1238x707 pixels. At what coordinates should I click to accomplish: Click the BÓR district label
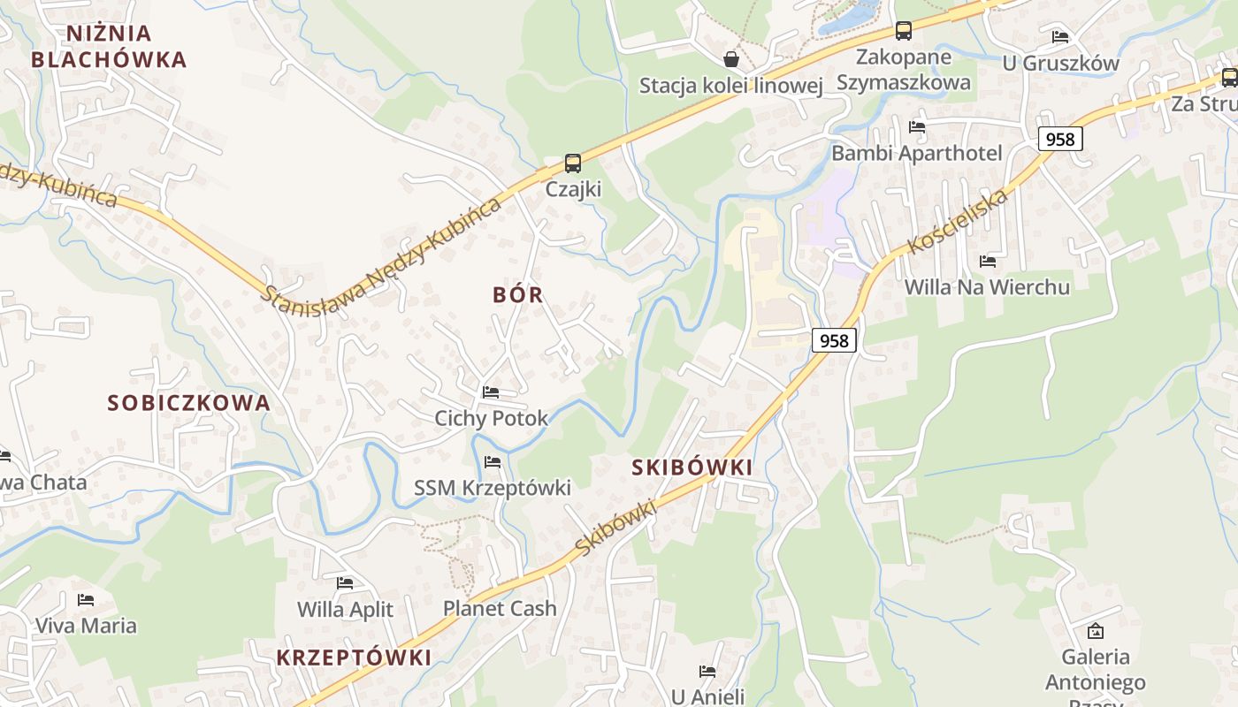(x=518, y=295)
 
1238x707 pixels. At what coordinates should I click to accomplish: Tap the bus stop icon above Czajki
(x=573, y=163)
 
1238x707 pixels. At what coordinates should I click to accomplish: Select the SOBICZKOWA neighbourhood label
(x=188, y=403)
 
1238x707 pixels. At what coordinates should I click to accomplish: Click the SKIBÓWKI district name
(x=692, y=468)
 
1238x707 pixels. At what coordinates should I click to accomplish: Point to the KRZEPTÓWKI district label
(x=354, y=658)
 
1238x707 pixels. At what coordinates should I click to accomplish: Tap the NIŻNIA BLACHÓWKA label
(x=109, y=47)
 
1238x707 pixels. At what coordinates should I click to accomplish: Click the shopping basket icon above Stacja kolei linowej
(x=731, y=59)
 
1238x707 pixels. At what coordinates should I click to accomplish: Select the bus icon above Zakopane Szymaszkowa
(x=903, y=31)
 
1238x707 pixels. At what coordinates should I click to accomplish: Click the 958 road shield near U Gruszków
(x=1059, y=139)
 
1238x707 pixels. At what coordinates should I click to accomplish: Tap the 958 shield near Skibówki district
(x=834, y=340)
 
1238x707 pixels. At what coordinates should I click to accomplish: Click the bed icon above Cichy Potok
(x=491, y=392)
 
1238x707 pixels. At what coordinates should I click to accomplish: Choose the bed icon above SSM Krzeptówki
(x=493, y=461)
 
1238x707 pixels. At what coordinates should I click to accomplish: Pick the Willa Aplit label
(x=345, y=609)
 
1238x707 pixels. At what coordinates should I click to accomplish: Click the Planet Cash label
(x=500, y=608)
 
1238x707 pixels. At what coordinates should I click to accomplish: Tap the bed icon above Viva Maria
(x=86, y=599)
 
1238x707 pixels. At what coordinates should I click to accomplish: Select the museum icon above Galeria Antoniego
(x=1096, y=631)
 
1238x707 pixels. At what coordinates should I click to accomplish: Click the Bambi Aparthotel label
(x=917, y=153)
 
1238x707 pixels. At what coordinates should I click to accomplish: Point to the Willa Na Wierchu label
(x=987, y=286)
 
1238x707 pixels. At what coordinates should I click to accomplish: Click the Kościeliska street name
(x=959, y=221)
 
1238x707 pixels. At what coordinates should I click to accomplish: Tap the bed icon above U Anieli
(x=707, y=672)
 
